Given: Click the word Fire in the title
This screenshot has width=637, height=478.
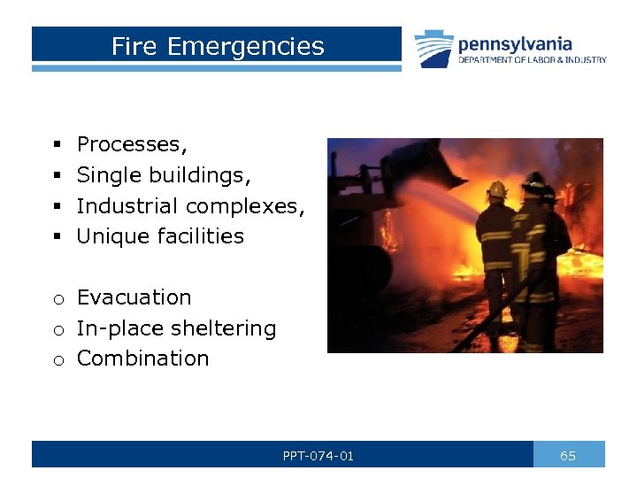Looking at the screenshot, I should point(134,46).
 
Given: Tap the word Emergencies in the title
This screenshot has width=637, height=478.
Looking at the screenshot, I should point(245,46).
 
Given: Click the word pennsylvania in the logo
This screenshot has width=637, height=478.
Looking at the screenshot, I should point(514,43).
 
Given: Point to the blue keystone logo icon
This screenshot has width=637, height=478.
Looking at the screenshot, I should point(434,49).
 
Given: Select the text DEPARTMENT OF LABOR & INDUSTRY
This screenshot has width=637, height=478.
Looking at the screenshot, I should point(532,60).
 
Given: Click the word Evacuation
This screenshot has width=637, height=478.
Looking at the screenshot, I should point(134,297).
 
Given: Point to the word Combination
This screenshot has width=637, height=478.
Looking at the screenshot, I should point(142,358).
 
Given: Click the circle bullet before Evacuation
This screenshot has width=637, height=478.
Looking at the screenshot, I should point(57,299).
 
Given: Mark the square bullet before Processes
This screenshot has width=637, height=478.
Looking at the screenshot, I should point(56,144).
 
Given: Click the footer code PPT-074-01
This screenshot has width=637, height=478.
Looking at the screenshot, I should point(318,456).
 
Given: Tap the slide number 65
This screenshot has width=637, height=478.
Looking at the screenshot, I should point(568,456).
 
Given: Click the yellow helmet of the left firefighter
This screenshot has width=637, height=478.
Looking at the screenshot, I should point(497,189).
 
